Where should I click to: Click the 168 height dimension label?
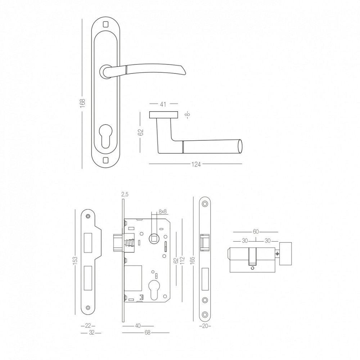coord(82,102)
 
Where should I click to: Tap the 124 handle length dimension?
coord(196,165)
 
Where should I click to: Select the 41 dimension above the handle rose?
coord(163,104)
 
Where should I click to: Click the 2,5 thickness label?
coord(125,195)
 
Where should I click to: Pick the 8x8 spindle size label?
coord(162,212)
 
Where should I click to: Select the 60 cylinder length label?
coord(256,231)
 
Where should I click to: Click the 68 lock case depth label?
coord(147,332)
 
